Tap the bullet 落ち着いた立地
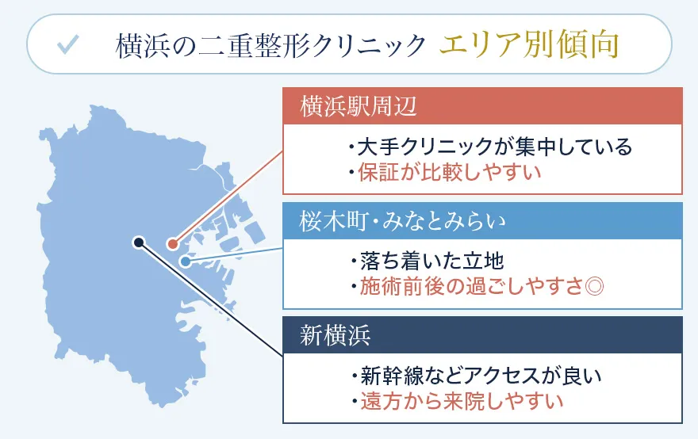(426, 261)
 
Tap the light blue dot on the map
(185, 261)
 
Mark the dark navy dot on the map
(138, 242)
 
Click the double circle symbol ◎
(593, 286)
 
